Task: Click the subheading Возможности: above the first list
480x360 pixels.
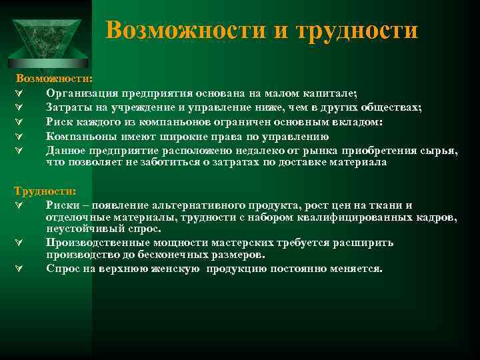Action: point(55,79)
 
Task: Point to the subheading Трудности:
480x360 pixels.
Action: point(45,191)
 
